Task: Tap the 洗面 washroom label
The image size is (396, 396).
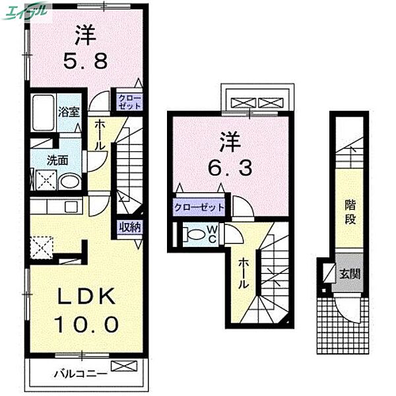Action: click(57, 159)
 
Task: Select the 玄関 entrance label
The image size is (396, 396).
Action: click(350, 273)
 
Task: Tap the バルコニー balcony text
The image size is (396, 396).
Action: click(81, 374)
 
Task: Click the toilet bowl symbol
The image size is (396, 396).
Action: click(195, 234)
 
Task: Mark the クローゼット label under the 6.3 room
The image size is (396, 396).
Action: click(199, 207)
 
